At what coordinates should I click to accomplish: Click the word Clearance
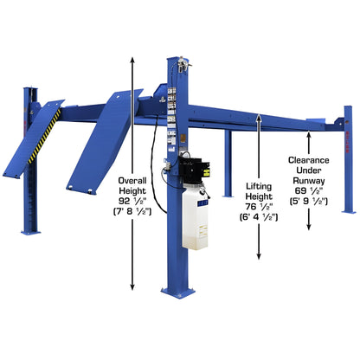click(x=309, y=159)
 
